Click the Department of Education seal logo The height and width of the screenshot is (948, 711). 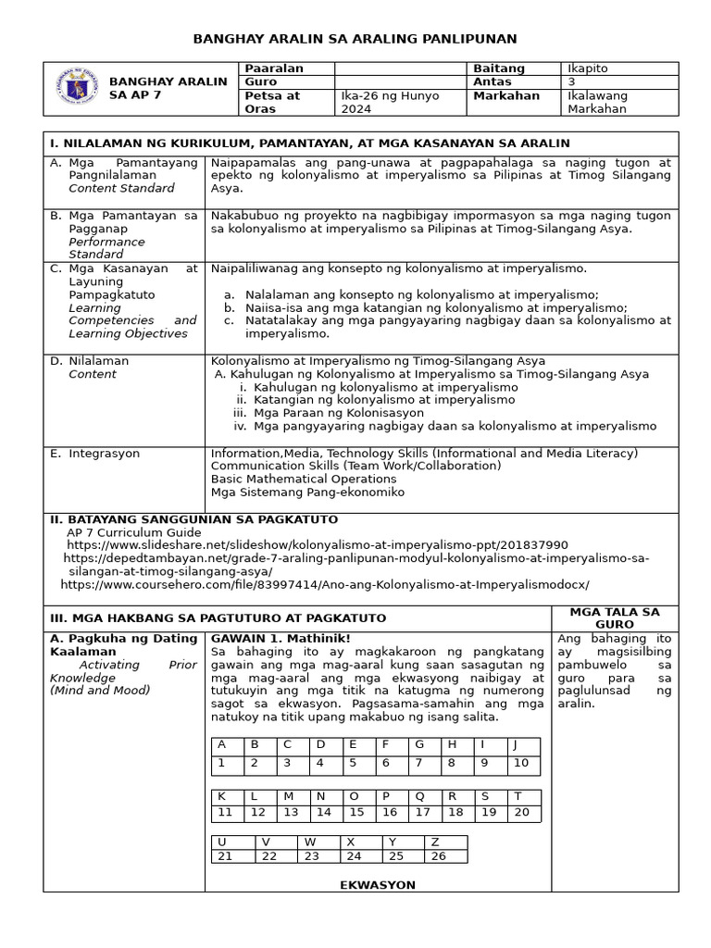coord(77,89)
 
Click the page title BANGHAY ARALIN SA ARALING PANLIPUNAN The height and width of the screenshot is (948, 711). coord(355,38)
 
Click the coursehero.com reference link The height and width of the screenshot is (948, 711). coord(324,585)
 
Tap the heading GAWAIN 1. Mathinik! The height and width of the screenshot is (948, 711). coord(281,638)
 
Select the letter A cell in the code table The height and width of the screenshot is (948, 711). coord(222,744)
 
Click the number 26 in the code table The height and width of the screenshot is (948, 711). coord(440,855)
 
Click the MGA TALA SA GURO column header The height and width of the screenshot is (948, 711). coord(615,617)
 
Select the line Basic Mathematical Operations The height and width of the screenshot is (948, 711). coord(304,479)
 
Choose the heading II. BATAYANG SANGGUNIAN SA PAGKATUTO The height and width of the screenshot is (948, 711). coord(193,519)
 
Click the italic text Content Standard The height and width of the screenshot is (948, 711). coord(121,188)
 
